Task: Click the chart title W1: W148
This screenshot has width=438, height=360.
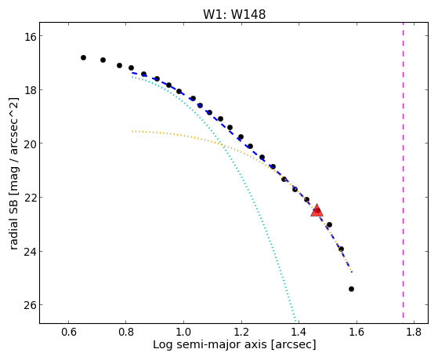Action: click(x=234, y=14)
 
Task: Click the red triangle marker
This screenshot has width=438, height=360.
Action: click(x=317, y=211)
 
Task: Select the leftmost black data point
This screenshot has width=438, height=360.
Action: click(x=83, y=57)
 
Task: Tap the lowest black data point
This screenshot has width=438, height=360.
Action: click(x=351, y=289)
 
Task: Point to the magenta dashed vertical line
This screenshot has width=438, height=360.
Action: click(x=403, y=170)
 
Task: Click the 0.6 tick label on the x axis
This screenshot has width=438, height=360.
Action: click(x=68, y=332)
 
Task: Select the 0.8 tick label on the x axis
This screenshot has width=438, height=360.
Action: click(x=126, y=332)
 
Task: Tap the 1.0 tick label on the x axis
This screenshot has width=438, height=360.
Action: click(x=183, y=332)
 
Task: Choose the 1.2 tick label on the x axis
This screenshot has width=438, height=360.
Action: click(x=241, y=332)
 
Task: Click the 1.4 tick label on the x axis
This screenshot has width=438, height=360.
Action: click(x=299, y=332)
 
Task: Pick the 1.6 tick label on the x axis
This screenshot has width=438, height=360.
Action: click(x=357, y=332)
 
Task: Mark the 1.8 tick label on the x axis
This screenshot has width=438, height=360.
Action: click(x=414, y=332)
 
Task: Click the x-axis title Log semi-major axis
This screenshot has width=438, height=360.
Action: click(x=210, y=345)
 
